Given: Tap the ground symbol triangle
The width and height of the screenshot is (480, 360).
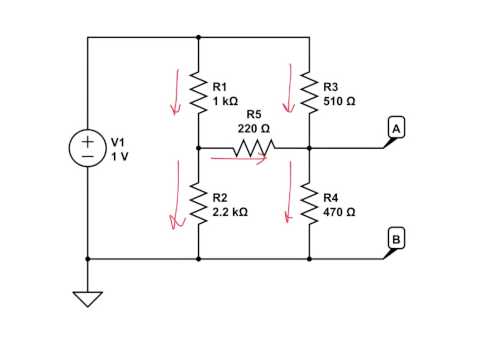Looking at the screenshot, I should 88,298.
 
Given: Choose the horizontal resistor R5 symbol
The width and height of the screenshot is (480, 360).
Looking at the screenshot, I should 253,148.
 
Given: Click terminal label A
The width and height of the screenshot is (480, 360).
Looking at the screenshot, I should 396,129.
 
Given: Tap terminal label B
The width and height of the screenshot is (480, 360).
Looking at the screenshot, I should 396,239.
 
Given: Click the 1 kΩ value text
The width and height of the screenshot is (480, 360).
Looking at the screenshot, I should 225,101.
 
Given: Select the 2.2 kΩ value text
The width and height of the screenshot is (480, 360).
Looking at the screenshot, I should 230,212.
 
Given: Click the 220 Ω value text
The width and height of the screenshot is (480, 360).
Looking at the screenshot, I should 253,128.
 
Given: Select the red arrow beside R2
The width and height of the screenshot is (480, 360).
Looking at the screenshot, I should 177,205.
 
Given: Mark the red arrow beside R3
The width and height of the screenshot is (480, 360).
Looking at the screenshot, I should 293,88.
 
